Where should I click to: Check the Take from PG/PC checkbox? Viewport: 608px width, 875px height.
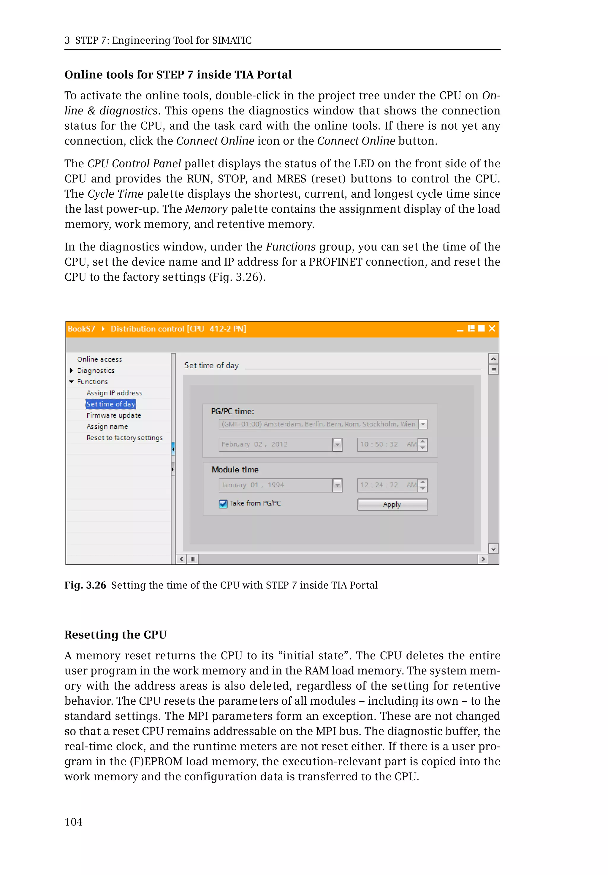223,504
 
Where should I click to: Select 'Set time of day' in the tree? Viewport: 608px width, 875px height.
110,404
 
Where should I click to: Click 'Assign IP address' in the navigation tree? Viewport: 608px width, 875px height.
114,393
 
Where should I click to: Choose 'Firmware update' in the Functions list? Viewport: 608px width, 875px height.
113,415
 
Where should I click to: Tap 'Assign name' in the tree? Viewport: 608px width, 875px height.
107,426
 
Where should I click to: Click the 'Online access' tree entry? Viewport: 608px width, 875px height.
99,359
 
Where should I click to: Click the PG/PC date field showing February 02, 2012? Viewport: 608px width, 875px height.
275,444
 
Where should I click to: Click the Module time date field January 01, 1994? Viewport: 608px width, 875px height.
275,485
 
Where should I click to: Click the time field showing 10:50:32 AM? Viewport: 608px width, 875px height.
387,444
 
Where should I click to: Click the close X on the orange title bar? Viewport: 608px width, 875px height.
492,328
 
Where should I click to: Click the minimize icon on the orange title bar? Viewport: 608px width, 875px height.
460,329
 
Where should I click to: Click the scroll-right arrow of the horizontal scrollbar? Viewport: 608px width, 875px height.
483,559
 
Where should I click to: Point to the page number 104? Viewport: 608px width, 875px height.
74,822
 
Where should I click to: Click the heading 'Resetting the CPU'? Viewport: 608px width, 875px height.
115,635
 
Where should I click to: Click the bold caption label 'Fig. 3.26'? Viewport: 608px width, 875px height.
85,585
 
